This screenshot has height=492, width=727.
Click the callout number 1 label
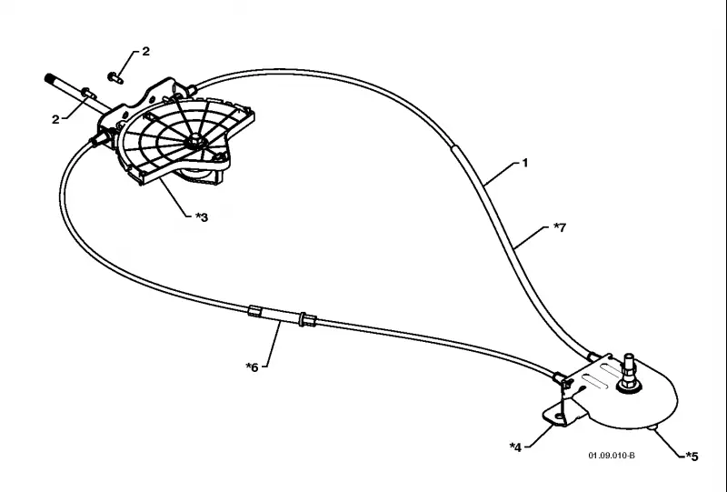coord(525,163)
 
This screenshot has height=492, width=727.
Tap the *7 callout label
coord(560,227)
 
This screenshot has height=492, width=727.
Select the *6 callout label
coord(252,367)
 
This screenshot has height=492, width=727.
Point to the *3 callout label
coord(201,217)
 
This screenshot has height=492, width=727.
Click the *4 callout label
coord(515,447)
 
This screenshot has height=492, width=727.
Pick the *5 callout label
coord(692,457)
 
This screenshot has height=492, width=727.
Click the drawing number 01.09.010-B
coord(612,456)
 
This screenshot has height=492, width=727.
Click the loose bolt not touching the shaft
coord(115,77)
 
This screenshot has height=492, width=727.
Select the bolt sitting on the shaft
coord(88,93)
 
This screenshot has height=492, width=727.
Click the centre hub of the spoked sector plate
coord(195,140)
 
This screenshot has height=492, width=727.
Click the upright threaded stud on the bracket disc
coord(629,371)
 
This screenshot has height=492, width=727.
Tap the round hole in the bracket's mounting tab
coord(560,417)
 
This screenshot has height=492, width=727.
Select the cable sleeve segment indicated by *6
coord(282,315)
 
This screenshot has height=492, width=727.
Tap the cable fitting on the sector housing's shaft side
coord(100,138)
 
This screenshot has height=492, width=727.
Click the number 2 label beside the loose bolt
coord(146,52)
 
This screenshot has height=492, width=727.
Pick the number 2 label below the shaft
coord(55,120)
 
